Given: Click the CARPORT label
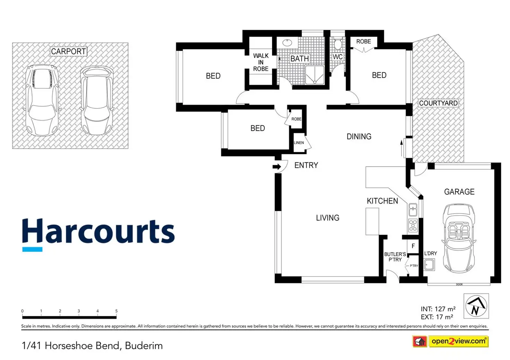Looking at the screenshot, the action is tap(68, 51).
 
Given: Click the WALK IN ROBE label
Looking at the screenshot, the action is tap(261, 62).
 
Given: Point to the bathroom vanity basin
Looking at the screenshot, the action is tap(287, 43).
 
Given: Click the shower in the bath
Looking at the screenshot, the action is tap(315, 75).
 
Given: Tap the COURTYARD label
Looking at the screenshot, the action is tap(438, 103).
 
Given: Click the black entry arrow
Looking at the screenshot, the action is tap(276, 167).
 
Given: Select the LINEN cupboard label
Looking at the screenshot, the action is tap(299, 143).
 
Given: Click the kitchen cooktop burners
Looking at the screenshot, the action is tap(413, 225).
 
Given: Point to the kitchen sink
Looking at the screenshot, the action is tap(413, 209).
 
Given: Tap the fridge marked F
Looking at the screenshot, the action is tap(413, 246).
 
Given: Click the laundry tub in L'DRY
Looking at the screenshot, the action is tap(429, 265).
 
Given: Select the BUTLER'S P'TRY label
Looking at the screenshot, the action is tap(395, 257).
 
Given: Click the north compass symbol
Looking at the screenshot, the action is tap(476, 306).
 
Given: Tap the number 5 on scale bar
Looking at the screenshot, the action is tap(116, 311).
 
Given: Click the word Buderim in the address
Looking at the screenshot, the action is tap(144, 345).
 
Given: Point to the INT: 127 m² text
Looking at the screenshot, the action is tap(438, 309).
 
